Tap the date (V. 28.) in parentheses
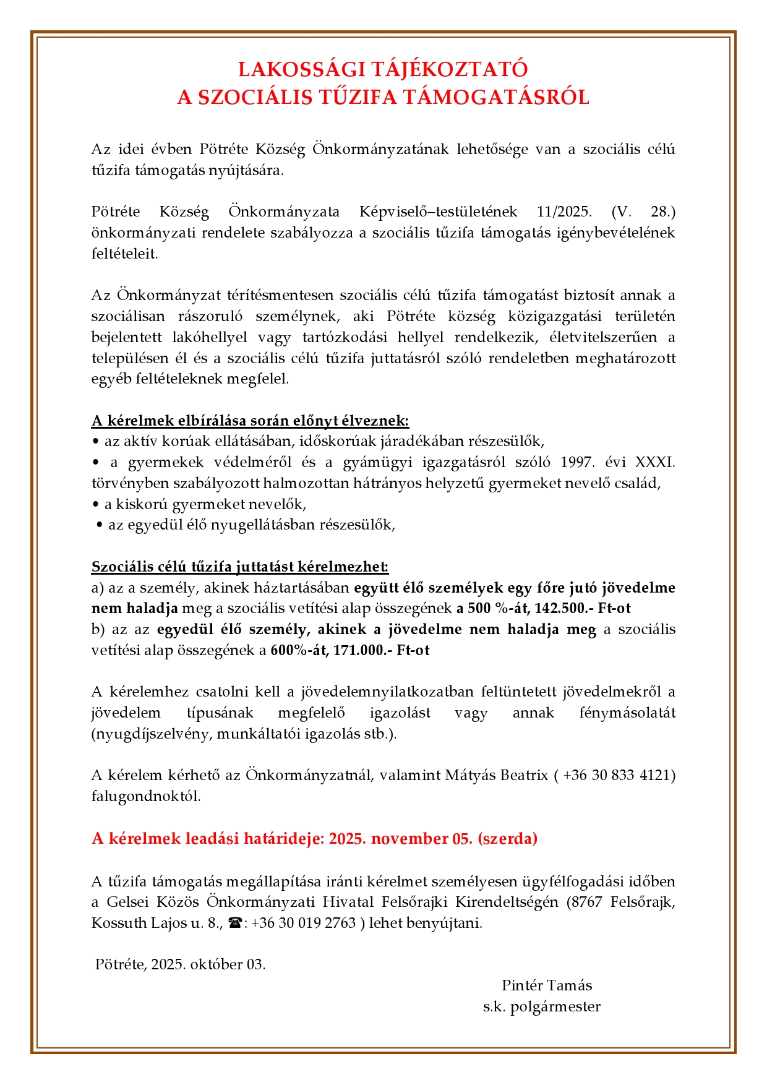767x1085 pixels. coord(643,212)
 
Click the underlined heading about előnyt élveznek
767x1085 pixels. coord(250,421)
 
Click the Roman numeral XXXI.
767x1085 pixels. coord(656,462)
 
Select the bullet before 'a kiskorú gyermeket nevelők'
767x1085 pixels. coord(95,504)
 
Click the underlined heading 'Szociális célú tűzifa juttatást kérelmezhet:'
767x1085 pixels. coord(240,567)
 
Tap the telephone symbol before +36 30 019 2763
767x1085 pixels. coord(235,923)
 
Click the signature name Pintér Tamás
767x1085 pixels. coord(547,985)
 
